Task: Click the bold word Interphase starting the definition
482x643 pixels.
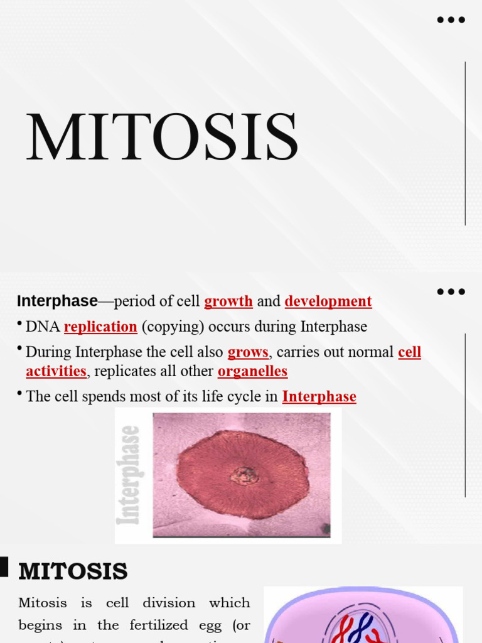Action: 57,301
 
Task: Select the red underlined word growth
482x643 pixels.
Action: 228,301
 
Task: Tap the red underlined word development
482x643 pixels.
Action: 328,301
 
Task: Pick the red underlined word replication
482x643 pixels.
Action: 100,327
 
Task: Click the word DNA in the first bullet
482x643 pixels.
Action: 43,327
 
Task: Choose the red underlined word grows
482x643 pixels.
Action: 248,352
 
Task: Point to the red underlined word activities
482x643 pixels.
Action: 56,371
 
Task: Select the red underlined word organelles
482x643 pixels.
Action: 252,371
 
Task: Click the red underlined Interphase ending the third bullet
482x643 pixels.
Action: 319,397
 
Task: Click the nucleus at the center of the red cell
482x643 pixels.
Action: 244,475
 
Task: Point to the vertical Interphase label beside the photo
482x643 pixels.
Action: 130,475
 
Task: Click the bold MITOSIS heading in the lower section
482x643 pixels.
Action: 73,571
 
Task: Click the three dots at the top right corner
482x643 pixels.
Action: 451,20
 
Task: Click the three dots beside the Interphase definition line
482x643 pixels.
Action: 451,291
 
